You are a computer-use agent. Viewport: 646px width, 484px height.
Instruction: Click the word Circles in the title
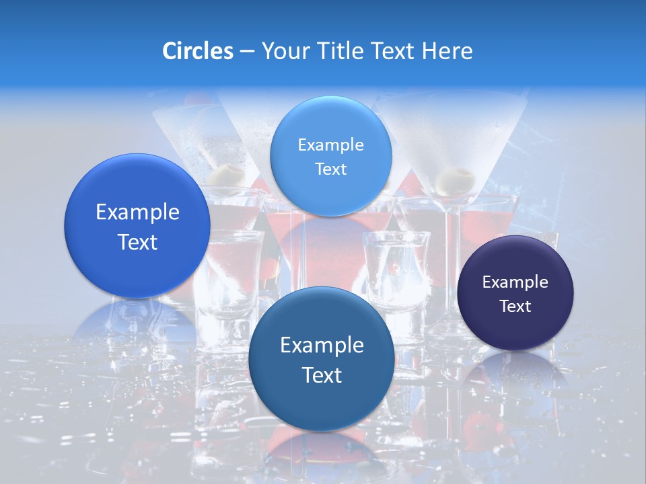[197, 51]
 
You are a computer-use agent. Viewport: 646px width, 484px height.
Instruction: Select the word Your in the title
[283, 51]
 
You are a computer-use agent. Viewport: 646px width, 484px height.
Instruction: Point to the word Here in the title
[447, 51]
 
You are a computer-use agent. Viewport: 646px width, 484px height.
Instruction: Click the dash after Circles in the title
[247, 52]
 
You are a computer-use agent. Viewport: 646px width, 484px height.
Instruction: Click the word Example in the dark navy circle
[515, 282]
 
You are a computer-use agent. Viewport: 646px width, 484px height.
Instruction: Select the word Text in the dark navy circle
[515, 307]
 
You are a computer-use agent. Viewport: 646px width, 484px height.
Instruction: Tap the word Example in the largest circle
[137, 212]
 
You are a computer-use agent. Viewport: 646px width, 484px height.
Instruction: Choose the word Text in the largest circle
[137, 242]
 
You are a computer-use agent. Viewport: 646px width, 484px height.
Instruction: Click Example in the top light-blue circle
[330, 145]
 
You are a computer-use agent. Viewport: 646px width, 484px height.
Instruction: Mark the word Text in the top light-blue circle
[330, 169]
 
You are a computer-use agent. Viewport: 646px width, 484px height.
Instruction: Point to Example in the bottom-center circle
[322, 346]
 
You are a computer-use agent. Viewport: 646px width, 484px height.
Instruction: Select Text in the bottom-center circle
[322, 375]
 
